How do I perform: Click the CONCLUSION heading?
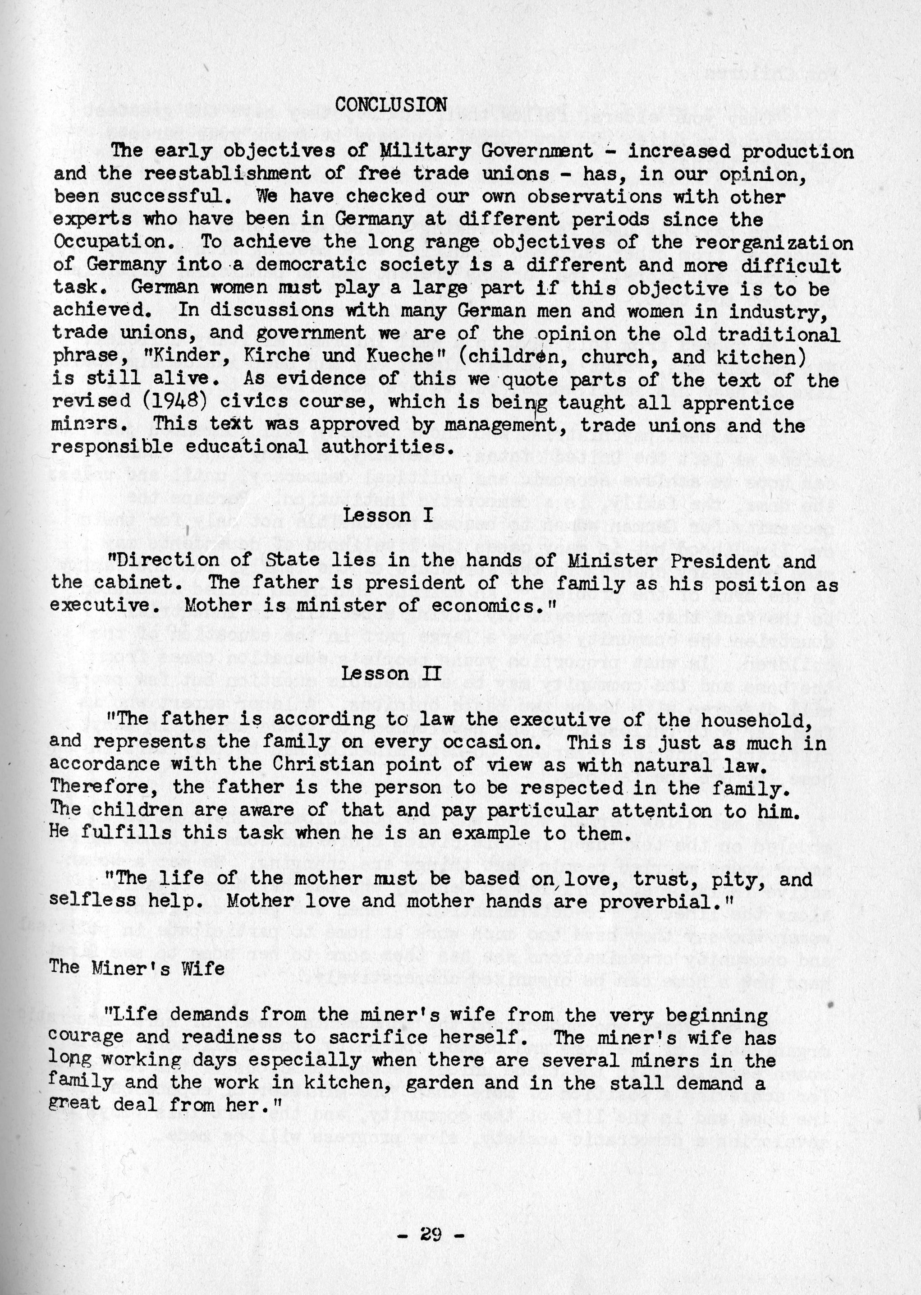[391, 104]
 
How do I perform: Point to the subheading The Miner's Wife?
[137, 967]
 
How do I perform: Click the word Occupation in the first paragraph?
[114, 242]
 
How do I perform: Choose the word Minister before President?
[613, 560]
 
